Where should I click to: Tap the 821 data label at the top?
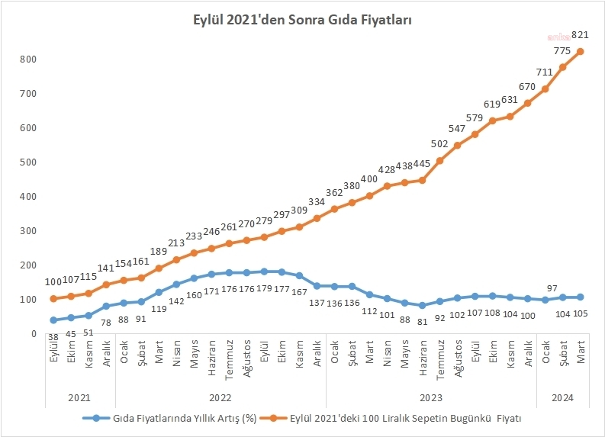point(581,35)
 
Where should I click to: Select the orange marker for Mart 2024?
point(581,52)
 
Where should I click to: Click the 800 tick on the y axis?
point(29,59)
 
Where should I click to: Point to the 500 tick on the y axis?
point(29,162)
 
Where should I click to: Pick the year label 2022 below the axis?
point(220,397)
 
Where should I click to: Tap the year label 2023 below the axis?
point(431,397)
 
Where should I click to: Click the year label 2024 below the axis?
point(563,397)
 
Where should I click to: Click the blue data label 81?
point(422,321)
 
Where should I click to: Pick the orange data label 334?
point(317,201)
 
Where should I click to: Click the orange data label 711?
point(545,72)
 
